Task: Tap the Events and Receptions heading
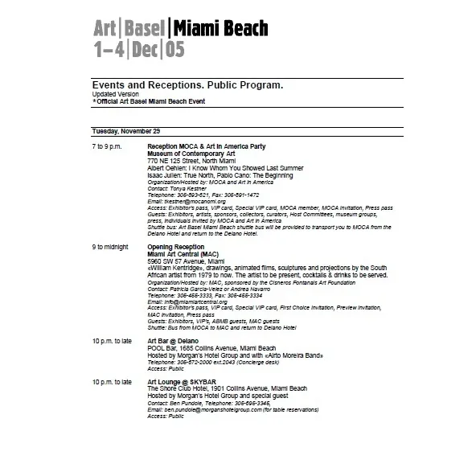[187, 84]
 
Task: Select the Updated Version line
[115, 92]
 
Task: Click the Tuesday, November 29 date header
[126, 131]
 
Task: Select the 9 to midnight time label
[111, 247]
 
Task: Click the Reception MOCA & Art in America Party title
[206, 146]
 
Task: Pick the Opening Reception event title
[175, 247]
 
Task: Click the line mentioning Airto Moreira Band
[211, 355]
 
